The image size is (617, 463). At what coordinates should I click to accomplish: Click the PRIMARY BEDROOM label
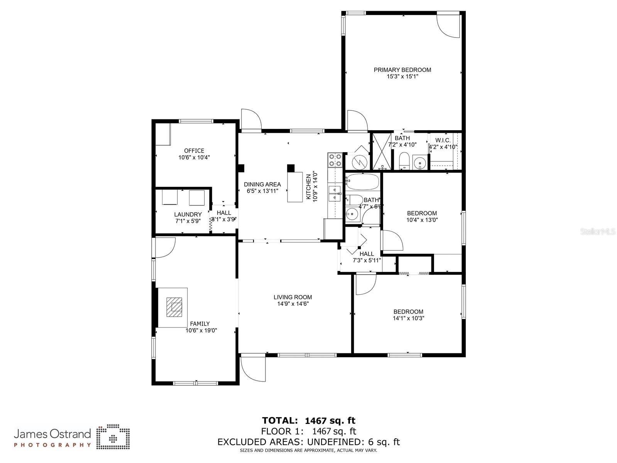click(x=402, y=70)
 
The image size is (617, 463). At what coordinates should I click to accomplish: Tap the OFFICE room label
click(x=194, y=151)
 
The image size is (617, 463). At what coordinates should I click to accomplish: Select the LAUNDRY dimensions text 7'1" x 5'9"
click(x=188, y=221)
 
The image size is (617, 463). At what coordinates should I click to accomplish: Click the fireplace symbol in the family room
click(x=175, y=307)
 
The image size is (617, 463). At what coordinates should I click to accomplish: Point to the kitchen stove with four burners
click(x=335, y=160)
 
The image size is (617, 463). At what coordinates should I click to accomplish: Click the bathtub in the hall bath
click(x=362, y=181)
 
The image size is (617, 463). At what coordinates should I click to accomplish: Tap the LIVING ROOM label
click(x=292, y=297)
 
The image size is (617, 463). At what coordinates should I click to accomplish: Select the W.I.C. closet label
click(x=443, y=140)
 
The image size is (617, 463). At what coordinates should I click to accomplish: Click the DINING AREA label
click(x=262, y=184)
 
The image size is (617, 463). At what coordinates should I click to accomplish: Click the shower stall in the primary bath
click(x=382, y=151)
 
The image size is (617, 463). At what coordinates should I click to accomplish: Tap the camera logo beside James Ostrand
click(x=113, y=438)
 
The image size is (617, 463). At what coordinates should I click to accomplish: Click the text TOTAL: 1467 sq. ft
click(x=308, y=421)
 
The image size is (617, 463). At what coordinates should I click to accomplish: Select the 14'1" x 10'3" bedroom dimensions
click(x=408, y=318)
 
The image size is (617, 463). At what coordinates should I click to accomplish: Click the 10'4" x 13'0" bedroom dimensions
click(x=422, y=220)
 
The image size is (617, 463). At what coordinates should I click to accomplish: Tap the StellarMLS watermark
click(x=598, y=232)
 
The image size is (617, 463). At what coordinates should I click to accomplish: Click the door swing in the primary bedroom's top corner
click(x=449, y=26)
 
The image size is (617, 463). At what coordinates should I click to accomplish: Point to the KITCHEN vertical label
click(x=308, y=187)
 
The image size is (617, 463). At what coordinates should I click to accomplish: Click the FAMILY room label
click(x=200, y=324)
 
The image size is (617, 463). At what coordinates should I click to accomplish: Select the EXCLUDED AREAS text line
click(x=308, y=442)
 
